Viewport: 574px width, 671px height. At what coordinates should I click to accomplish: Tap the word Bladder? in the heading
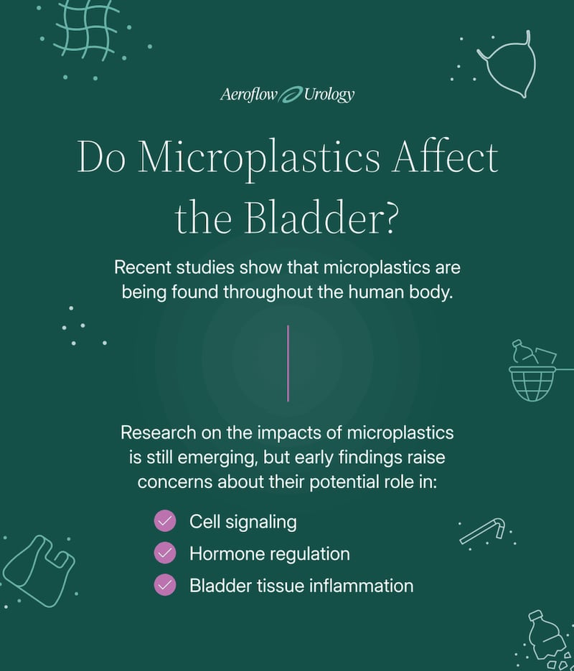pyautogui.click(x=321, y=218)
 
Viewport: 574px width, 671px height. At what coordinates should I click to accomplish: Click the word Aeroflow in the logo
pyautogui.click(x=249, y=94)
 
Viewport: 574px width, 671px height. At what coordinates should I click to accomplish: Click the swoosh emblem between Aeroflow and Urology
pyautogui.click(x=291, y=95)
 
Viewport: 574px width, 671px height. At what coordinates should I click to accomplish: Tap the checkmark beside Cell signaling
pyautogui.click(x=165, y=521)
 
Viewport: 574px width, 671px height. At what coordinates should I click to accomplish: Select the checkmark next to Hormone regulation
pyautogui.click(x=165, y=553)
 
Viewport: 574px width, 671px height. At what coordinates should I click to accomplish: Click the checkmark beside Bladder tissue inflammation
pyautogui.click(x=165, y=584)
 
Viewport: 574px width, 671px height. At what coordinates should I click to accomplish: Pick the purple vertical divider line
pyautogui.click(x=288, y=363)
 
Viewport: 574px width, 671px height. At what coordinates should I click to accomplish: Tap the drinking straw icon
pyautogui.click(x=483, y=530)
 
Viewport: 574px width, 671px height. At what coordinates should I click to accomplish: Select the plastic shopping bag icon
pyautogui.click(x=39, y=570)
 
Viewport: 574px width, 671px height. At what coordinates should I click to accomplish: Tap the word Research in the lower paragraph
pyautogui.click(x=158, y=433)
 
